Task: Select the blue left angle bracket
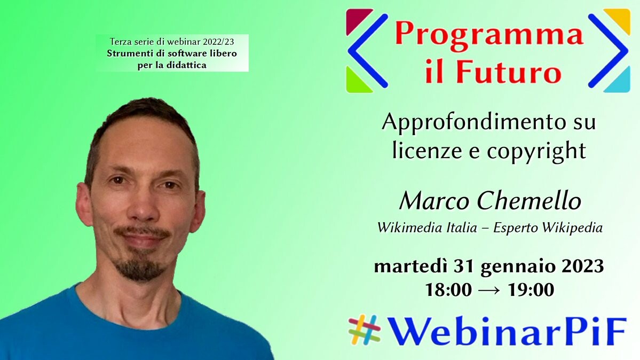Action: [367, 51]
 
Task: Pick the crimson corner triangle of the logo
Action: [356, 18]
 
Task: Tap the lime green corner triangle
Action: [356, 83]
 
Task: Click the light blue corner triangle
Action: [620, 83]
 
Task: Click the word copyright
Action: [536, 151]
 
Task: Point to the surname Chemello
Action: [529, 201]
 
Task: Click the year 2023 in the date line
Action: [582, 267]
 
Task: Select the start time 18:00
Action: [448, 290]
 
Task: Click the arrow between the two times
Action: [489, 291]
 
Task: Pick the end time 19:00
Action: [531, 290]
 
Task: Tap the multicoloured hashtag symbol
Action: [365, 330]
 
